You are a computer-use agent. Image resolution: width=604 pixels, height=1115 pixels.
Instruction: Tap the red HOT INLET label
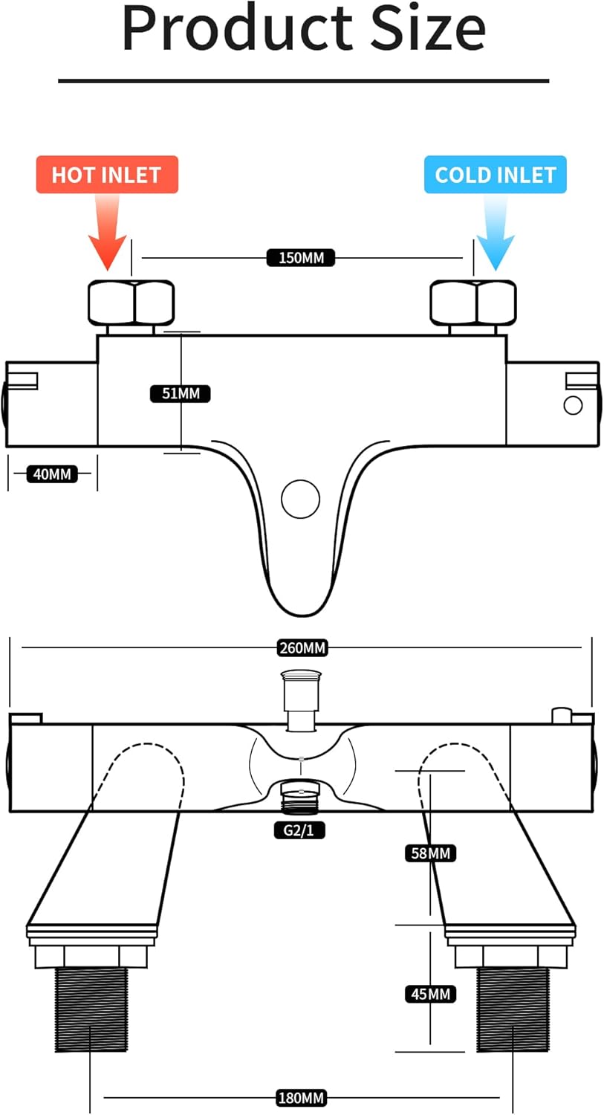tap(106, 175)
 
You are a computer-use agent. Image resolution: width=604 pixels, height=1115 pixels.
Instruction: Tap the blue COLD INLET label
tap(496, 175)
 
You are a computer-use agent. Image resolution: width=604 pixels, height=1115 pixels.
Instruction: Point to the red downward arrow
tap(106, 234)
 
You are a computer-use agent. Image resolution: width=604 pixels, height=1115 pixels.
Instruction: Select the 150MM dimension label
tap(301, 258)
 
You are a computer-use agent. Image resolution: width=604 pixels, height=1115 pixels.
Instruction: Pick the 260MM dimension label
tap(302, 648)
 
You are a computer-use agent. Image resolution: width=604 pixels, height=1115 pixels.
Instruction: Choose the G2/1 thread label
tap(299, 830)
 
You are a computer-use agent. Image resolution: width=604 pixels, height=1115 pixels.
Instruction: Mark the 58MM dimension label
tap(430, 853)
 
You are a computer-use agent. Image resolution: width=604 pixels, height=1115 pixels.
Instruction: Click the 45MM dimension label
tap(430, 994)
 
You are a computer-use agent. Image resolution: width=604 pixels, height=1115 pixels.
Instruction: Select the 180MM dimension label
tap(301, 1097)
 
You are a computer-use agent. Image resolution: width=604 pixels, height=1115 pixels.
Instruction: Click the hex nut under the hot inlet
tap(131, 303)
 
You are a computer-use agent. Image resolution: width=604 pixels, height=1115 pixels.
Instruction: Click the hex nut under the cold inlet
tap(474, 303)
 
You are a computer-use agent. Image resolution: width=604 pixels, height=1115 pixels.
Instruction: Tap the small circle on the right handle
tap(573, 405)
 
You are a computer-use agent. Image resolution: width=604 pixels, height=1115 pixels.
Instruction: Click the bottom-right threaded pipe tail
tap(513, 1008)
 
